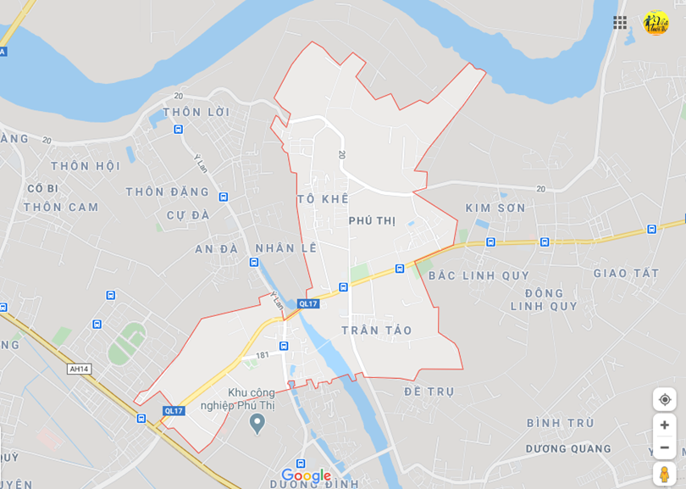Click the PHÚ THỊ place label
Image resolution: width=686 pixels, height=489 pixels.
(372, 220)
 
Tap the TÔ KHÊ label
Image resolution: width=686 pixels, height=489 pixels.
(323, 198)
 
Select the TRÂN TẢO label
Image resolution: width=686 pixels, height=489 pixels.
(377, 330)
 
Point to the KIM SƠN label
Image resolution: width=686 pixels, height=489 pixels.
(495, 208)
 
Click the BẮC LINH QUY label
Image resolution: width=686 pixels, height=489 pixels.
(479, 275)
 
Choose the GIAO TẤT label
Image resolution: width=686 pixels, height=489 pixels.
(626, 273)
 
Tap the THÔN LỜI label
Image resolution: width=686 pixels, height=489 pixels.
(196, 112)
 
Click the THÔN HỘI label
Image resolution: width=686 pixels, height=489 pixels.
(85, 166)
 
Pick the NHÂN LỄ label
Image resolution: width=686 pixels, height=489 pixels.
(286, 248)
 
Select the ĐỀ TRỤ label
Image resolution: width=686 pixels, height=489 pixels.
(429, 392)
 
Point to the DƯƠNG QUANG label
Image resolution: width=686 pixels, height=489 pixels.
(567, 449)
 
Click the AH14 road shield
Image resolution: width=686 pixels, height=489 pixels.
(80, 369)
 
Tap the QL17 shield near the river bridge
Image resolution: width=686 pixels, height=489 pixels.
(308, 303)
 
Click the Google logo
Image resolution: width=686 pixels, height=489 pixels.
(306, 475)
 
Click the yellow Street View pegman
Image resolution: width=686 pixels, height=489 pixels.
(664, 474)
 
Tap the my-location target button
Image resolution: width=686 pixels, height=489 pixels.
(664, 399)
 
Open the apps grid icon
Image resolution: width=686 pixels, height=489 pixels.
(620, 23)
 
